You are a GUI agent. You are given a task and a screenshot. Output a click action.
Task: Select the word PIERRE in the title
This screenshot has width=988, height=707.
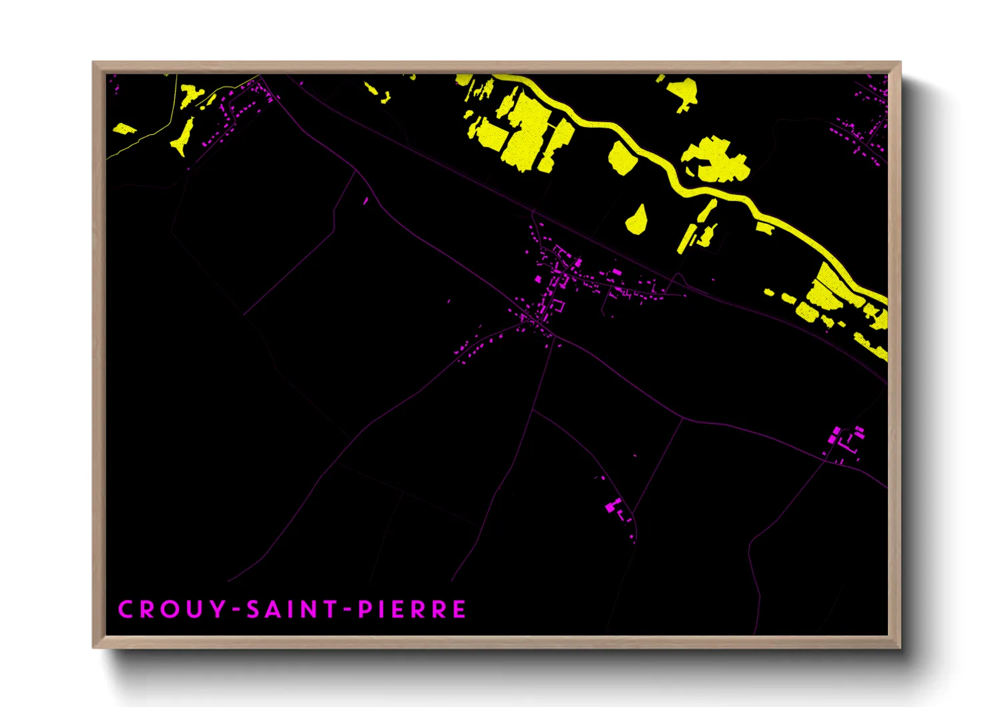412,609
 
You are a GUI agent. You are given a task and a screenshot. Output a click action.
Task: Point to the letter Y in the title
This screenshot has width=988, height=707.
218,609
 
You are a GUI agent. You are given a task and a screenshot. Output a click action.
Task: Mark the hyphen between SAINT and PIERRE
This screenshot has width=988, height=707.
348,610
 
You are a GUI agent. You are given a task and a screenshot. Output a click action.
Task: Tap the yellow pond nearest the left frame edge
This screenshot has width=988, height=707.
123,128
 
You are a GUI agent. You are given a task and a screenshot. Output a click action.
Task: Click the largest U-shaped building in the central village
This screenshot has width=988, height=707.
557,307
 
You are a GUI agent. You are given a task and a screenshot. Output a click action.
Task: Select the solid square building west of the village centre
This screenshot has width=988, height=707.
538,279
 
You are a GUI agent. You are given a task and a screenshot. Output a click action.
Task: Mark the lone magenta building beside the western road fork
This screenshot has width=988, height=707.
365,200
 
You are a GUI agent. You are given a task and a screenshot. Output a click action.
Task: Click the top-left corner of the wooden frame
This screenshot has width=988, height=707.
94,63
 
